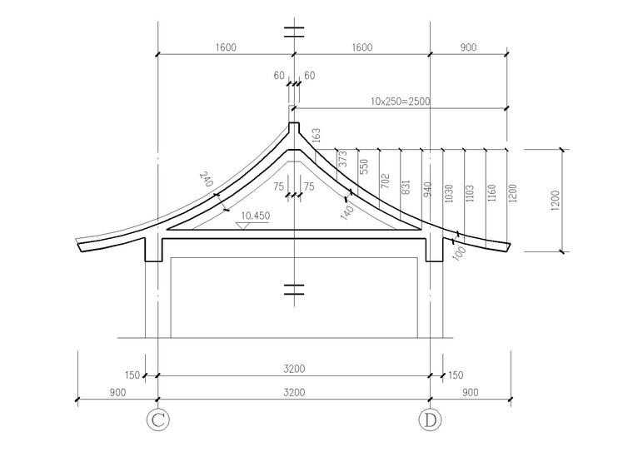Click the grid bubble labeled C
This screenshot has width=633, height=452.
tap(157, 420)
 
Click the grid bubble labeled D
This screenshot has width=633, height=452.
tap(430, 420)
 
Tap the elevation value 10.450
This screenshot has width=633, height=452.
tap(256, 216)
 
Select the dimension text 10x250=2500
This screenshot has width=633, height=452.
tap(401, 101)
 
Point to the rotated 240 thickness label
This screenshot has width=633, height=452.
tap(207, 179)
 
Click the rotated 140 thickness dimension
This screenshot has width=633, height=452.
tap(347, 211)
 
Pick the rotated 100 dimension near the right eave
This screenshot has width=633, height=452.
tap(459, 253)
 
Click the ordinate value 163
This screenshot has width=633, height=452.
tap(316, 135)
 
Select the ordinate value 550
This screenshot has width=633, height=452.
tap(364, 166)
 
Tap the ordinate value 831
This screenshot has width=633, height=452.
tap(406, 187)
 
